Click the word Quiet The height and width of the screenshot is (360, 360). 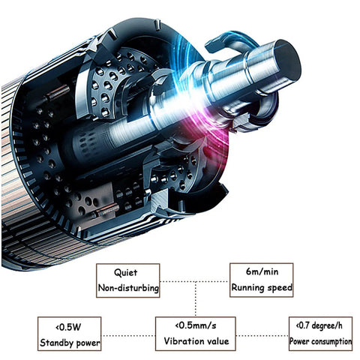click(x=126, y=272)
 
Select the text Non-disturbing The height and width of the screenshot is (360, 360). click(x=128, y=288)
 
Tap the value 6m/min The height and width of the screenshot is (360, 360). click(x=262, y=271)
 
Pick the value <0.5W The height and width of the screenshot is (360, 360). click(x=68, y=327)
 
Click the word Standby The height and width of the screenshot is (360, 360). click(x=56, y=343)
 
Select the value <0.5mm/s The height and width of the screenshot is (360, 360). click(x=196, y=325)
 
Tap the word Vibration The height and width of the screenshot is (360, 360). click(x=184, y=341)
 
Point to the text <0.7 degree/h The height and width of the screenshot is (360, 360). click(x=319, y=325)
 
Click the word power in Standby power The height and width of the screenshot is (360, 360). click(x=88, y=343)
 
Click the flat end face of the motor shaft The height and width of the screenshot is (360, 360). click(x=287, y=60)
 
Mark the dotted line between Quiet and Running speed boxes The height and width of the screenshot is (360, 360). click(x=194, y=282)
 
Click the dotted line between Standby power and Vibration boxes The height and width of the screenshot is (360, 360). click(x=128, y=335)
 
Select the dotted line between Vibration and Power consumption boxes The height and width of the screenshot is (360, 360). click(x=262, y=335)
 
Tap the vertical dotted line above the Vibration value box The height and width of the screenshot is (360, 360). click(x=196, y=299)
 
